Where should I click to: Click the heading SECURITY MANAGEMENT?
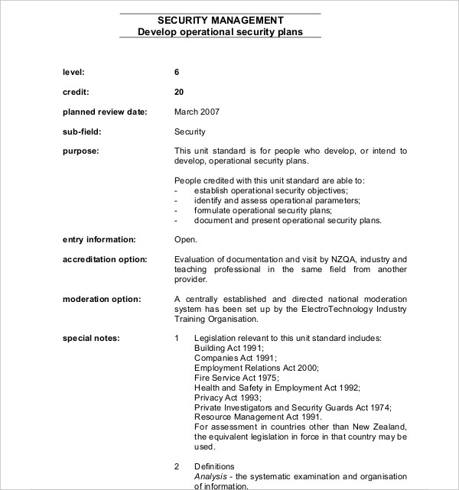tap(220, 20)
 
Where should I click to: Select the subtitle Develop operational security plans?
tap(220, 32)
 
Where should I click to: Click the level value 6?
tap(177, 72)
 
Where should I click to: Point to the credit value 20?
tap(179, 92)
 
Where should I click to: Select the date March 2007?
tap(197, 112)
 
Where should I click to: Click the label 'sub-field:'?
tap(82, 131)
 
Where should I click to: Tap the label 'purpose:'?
tap(80, 151)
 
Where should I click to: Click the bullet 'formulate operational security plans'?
tap(263, 210)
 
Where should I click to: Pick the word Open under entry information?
tap(185, 240)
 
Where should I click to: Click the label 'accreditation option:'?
tap(104, 260)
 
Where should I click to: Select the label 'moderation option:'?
tap(101, 298)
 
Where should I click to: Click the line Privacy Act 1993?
tap(227, 398)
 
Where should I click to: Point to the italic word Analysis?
tap(211, 475)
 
